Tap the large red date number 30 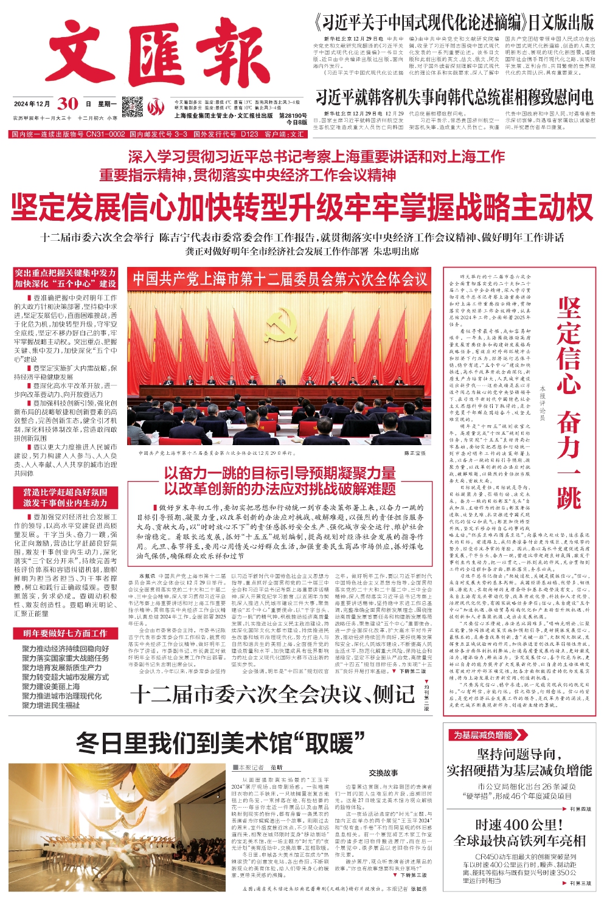pyautogui.click(x=68, y=103)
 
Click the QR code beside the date pyautogui.click(x=133, y=106)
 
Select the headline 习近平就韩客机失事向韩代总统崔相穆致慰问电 pyautogui.click(x=454, y=97)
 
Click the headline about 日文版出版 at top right pyautogui.click(x=454, y=23)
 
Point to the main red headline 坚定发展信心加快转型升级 pyautogui.click(x=302, y=207)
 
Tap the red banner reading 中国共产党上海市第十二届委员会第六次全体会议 pyautogui.click(x=280, y=279)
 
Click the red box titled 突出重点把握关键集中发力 pyautogui.click(x=66, y=279)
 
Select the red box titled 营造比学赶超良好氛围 pyautogui.click(x=66, y=497)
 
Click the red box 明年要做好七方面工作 pyautogui.click(x=66, y=633)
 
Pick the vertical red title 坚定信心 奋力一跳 pyautogui.click(x=569, y=402)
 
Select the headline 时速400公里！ pyautogui.click(x=519, y=825)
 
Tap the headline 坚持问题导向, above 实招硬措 pyautogui.click(x=519, y=755)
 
